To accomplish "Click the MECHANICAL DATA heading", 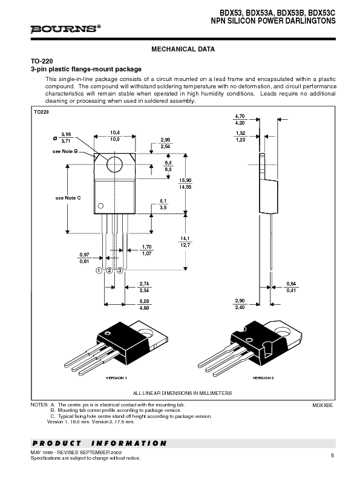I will (x=183, y=49).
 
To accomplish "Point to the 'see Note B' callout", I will (x=65, y=151).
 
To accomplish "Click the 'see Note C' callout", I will (x=68, y=198).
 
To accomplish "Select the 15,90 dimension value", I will (x=185, y=180).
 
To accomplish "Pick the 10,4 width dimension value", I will (x=114, y=132).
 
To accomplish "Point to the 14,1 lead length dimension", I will (x=185, y=238).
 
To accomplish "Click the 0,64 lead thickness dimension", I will (x=291, y=284).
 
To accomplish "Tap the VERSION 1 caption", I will (x=116, y=377).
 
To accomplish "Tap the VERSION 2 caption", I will (x=263, y=377).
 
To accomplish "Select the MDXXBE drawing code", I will (x=322, y=405).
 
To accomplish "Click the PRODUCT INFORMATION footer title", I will (x=99, y=443).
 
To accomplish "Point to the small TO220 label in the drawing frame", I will (x=41, y=112).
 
